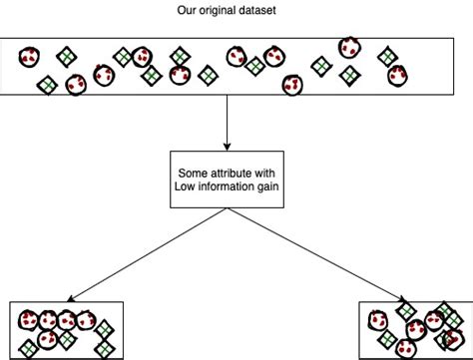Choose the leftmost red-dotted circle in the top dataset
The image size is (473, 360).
point(29,57)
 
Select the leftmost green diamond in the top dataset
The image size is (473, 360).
point(46,86)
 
